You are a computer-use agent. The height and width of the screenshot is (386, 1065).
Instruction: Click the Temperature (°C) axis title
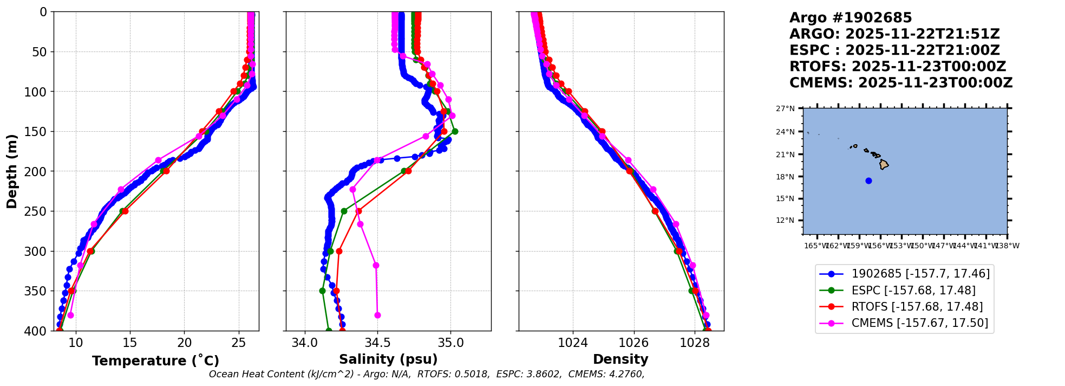point(155,361)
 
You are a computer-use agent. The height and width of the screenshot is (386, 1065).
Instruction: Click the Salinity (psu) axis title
point(388,359)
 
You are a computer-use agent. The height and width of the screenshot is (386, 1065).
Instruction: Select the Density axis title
point(620,359)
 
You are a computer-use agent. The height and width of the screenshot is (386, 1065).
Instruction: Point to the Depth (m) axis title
point(12,171)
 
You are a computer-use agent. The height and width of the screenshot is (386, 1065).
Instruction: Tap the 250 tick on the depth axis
point(40,211)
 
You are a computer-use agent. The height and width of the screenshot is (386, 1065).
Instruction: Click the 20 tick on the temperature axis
point(185,343)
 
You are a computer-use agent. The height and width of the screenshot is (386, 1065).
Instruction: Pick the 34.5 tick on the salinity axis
point(377,343)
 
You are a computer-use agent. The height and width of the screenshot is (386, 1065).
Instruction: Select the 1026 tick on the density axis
point(633,343)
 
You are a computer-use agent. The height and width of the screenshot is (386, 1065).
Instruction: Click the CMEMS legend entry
point(919,323)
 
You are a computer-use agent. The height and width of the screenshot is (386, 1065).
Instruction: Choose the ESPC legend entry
point(913,290)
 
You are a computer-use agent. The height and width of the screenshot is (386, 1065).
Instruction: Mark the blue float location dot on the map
point(868,181)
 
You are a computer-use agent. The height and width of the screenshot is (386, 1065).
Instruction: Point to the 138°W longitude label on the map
point(1007,246)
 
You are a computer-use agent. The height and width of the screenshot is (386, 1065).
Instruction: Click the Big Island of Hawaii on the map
point(884,164)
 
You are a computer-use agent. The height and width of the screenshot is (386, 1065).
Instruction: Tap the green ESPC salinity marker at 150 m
point(455,131)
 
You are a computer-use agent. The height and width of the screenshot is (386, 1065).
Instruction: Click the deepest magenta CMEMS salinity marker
point(377,315)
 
